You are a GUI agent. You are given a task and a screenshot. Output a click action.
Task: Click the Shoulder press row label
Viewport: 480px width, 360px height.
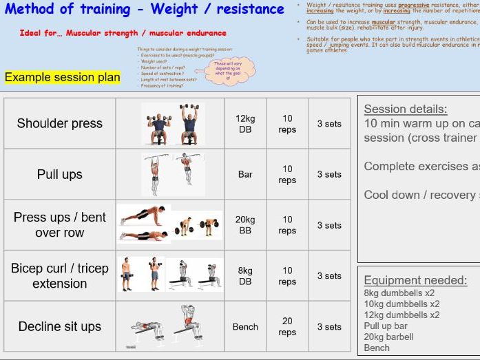pos(59,124)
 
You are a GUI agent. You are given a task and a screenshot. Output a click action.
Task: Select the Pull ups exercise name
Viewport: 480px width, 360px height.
pos(59,175)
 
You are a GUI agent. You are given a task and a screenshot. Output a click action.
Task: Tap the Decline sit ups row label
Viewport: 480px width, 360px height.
pos(59,327)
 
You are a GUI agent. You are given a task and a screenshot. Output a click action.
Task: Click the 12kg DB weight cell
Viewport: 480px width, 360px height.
pos(245,124)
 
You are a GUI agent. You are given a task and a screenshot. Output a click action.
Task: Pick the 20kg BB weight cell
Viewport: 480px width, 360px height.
pos(245,225)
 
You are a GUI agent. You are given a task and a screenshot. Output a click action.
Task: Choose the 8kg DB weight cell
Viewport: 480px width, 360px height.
pos(245,276)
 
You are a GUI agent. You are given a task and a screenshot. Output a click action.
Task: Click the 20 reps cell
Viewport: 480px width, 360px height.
pos(287,327)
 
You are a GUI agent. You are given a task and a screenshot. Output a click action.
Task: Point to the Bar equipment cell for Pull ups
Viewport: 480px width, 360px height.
pos(245,175)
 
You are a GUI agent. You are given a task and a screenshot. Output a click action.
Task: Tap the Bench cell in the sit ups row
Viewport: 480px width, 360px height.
pos(245,327)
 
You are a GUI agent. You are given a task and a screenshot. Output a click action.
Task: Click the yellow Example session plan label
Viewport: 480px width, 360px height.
pos(63,77)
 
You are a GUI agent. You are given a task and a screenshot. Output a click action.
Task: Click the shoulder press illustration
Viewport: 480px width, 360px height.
pos(169,124)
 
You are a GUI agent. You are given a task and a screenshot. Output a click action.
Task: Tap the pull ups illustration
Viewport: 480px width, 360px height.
pos(169,174)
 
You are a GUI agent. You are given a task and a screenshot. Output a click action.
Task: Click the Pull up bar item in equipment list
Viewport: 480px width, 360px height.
pos(386,326)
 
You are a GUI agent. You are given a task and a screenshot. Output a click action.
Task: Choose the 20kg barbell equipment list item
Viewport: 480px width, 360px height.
pos(388,337)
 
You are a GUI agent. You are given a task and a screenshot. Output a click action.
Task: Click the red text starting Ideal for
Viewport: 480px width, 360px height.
pos(123,33)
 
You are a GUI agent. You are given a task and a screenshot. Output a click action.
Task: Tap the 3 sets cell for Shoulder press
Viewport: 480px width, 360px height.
pos(329,124)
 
